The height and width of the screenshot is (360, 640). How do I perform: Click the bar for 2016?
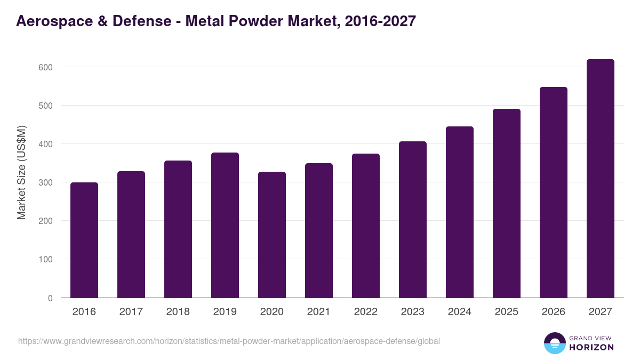point(84,240)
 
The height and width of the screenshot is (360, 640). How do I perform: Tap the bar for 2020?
point(272,235)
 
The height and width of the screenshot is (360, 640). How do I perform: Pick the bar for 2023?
point(413,219)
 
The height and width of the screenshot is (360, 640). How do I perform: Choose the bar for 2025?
point(507,203)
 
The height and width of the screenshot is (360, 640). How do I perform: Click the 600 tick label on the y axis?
point(45,67)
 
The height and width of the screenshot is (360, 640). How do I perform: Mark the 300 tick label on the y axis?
point(45,182)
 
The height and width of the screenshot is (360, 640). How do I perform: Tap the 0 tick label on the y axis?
point(50,298)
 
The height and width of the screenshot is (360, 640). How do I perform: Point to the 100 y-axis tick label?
point(45,260)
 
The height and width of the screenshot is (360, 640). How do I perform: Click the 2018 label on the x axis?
point(178,312)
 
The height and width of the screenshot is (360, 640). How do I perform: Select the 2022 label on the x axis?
point(366,312)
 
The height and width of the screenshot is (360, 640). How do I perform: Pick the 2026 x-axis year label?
point(554,312)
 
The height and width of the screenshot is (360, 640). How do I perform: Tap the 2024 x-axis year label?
point(460,312)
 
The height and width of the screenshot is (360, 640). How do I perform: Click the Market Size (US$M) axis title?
point(21,172)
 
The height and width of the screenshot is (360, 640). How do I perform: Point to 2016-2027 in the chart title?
point(380,21)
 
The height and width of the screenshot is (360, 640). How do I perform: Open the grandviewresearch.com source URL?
point(229,341)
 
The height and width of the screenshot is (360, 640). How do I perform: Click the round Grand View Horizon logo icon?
point(555,343)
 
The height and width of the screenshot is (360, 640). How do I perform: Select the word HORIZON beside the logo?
point(591,347)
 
